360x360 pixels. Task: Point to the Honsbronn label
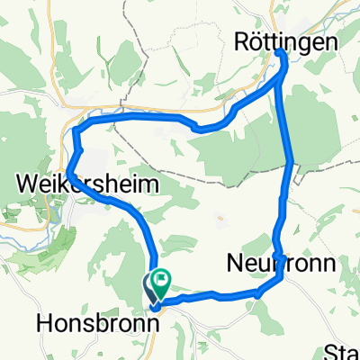93,321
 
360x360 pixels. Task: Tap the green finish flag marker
162,279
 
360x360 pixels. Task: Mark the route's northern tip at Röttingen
280,53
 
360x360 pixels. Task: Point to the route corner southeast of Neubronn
283,276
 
